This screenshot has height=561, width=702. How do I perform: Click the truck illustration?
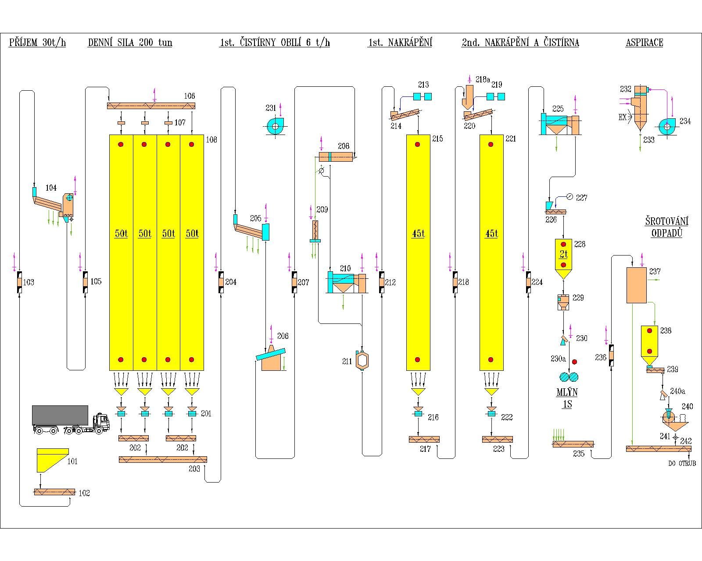(71, 420)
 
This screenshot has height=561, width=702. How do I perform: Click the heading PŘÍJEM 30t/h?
(37, 43)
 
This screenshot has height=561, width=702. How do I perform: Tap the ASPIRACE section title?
(644, 43)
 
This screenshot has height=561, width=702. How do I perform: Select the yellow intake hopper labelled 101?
(53, 460)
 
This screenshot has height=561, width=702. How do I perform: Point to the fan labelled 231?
(275, 126)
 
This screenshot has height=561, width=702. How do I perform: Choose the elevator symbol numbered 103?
(19, 282)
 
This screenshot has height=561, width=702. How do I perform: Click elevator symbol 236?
(611, 355)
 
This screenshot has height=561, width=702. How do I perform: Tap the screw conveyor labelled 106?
(151, 106)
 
